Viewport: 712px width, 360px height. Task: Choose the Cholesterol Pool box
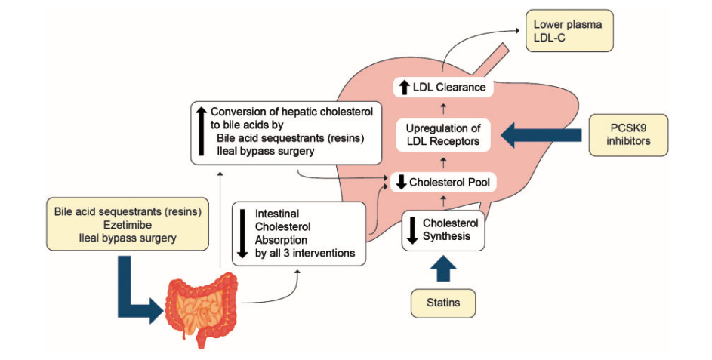coord(442,182)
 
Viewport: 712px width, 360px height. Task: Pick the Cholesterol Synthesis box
coord(442,229)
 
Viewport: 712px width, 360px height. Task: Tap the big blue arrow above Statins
coord(443,268)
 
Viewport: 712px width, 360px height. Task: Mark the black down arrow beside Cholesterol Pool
coord(401,182)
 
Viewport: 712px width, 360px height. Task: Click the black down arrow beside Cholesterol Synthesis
coord(412,229)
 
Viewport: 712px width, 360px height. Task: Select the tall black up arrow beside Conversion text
coord(201,131)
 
